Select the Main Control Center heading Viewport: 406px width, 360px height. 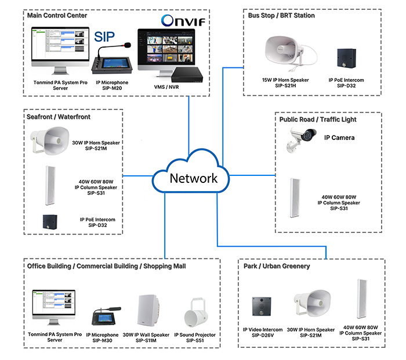(x=57, y=16)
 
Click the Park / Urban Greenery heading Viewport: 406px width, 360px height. (x=277, y=266)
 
